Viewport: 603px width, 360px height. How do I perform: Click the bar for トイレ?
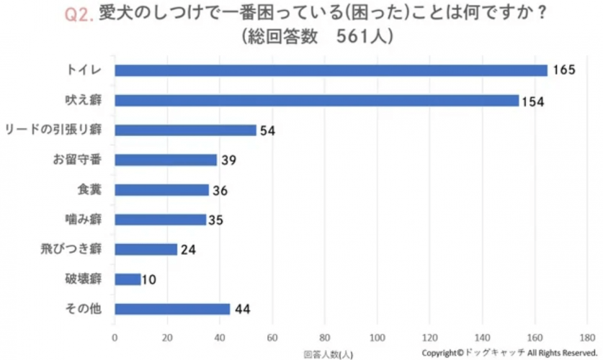[331, 71]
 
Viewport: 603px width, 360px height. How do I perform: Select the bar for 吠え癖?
[317, 100]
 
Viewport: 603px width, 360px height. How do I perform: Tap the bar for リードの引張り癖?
[185, 130]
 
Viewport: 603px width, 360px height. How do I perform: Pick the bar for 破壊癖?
[128, 279]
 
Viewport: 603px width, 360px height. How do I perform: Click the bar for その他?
[172, 309]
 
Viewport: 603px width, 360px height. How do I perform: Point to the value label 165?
[564, 71]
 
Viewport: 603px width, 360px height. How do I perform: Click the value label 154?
[534, 101]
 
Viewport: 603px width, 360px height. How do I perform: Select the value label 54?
[268, 131]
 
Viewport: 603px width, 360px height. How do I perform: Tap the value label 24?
[188, 250]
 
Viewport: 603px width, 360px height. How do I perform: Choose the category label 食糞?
[89, 190]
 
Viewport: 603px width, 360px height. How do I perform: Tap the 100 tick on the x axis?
[378, 337]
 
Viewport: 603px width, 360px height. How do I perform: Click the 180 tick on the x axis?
[587, 337]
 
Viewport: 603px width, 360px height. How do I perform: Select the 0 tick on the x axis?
[115, 337]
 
